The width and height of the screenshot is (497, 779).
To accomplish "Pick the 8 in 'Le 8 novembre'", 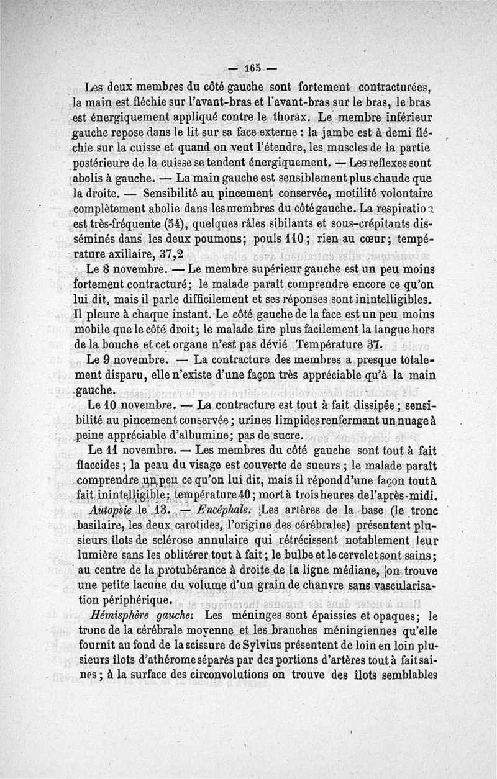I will (x=108, y=271).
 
